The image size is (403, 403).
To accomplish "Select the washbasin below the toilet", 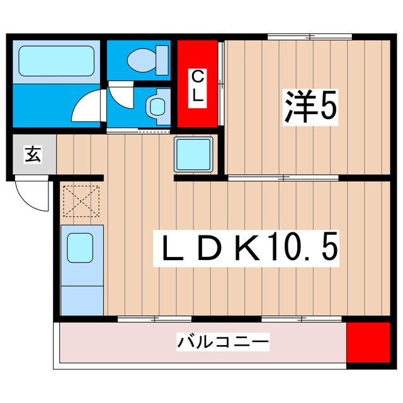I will pos(156,105).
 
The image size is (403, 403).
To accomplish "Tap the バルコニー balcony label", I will pos(223,343).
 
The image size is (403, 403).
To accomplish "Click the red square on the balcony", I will pos(368,343).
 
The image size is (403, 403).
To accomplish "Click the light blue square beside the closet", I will pos(195,154).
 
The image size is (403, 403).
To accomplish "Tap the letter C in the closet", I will pos(198,77).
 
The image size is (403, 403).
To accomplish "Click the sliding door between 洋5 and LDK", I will pos(283,178).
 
